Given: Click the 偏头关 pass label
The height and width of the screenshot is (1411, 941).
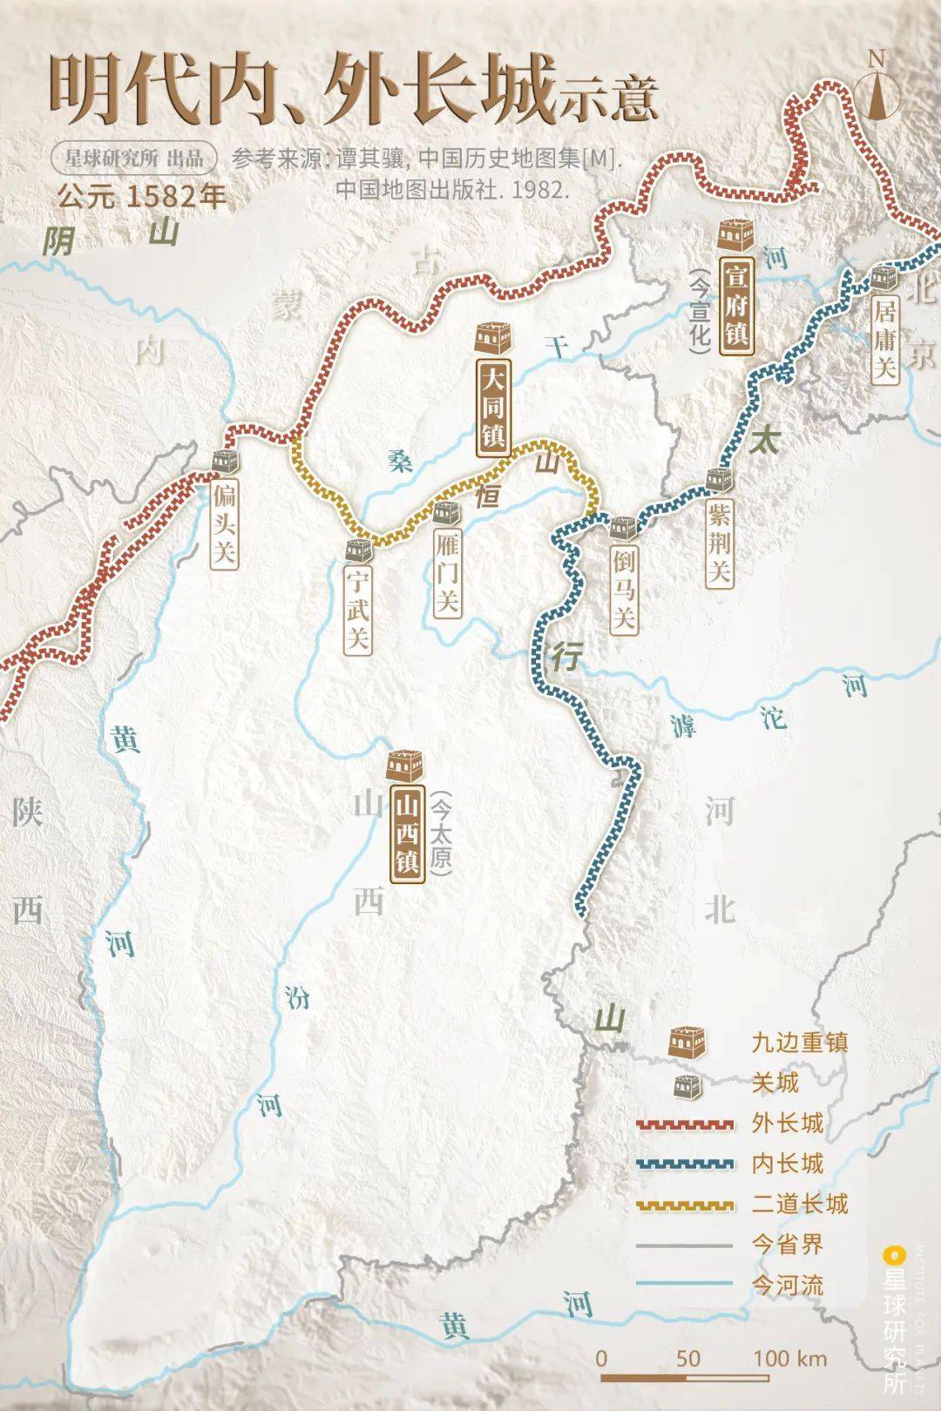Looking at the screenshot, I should (224, 524).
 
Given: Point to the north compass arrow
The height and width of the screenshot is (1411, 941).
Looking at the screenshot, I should (877, 88).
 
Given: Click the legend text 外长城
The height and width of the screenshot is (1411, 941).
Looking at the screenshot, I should (787, 1123).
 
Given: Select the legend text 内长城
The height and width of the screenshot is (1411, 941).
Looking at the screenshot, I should (787, 1163).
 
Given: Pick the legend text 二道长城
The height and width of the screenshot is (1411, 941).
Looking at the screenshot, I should (799, 1204).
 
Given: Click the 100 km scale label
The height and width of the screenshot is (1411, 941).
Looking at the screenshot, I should (790, 1357).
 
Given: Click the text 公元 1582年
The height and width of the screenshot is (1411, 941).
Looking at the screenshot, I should (142, 196).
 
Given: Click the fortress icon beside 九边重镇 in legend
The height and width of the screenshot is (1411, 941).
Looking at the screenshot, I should (687, 1043).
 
